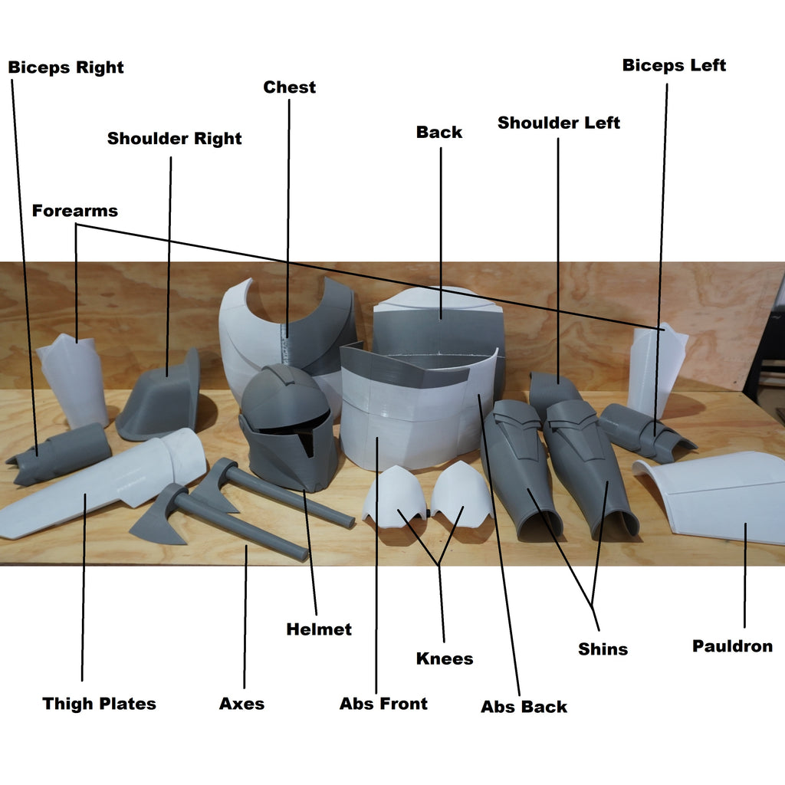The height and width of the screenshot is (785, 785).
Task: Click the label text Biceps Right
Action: click(x=66, y=67)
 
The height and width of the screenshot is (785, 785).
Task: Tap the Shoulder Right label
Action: click(x=174, y=139)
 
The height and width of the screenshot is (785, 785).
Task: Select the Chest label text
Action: click(x=289, y=87)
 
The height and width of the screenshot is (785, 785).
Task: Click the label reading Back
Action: click(x=439, y=132)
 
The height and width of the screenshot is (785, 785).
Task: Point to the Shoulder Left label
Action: click(x=559, y=123)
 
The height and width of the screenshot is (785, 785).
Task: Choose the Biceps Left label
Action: click(x=674, y=65)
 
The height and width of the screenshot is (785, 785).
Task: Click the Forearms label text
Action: click(x=75, y=211)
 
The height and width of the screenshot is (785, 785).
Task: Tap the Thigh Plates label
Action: click(x=99, y=704)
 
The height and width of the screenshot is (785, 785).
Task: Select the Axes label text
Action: click(x=241, y=704)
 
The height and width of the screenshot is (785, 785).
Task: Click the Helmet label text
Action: click(x=319, y=629)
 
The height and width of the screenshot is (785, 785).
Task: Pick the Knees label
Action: click(x=445, y=659)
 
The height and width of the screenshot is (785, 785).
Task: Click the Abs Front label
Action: click(x=383, y=704)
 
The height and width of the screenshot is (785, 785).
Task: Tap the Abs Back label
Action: click(x=524, y=707)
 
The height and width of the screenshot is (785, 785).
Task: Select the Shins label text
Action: click(x=603, y=649)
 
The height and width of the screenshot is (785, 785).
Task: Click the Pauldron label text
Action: click(x=732, y=646)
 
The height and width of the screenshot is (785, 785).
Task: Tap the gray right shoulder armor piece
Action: click(x=161, y=399)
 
